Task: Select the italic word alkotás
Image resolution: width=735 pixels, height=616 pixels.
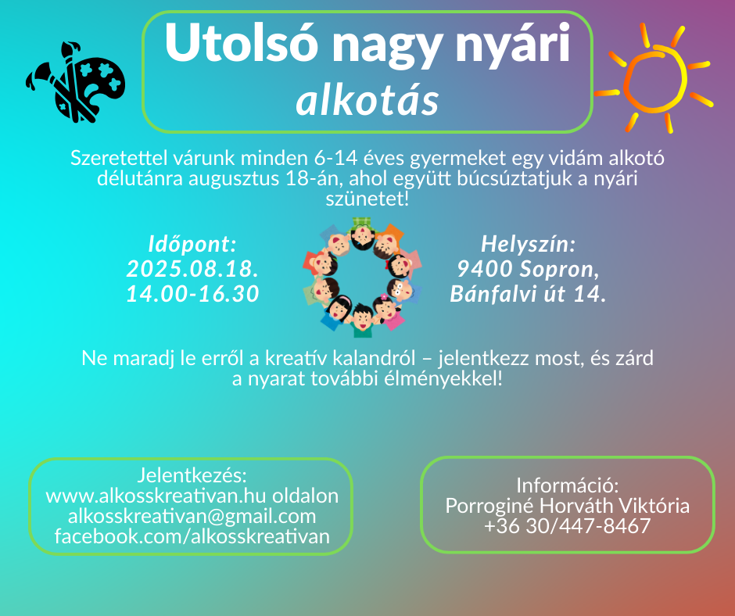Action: coord(367,101)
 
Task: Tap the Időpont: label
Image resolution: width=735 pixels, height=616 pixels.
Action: coord(192,244)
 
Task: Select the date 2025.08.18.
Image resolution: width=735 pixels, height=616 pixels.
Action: coord(192,269)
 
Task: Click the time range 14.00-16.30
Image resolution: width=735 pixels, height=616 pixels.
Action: coord(192,293)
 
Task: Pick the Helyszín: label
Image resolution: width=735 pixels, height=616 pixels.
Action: coord(529,244)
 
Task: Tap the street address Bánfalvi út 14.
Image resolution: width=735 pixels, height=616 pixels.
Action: coord(529,294)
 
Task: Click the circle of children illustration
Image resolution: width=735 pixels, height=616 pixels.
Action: coord(362,278)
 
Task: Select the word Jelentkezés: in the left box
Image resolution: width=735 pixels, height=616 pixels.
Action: coord(192,475)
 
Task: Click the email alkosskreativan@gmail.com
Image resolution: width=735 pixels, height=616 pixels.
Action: coord(192,516)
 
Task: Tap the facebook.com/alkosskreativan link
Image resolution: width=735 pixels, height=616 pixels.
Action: coord(192,535)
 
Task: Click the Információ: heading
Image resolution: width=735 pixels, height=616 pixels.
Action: coord(567,485)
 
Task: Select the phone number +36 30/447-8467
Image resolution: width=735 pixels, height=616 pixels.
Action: coord(567,525)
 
